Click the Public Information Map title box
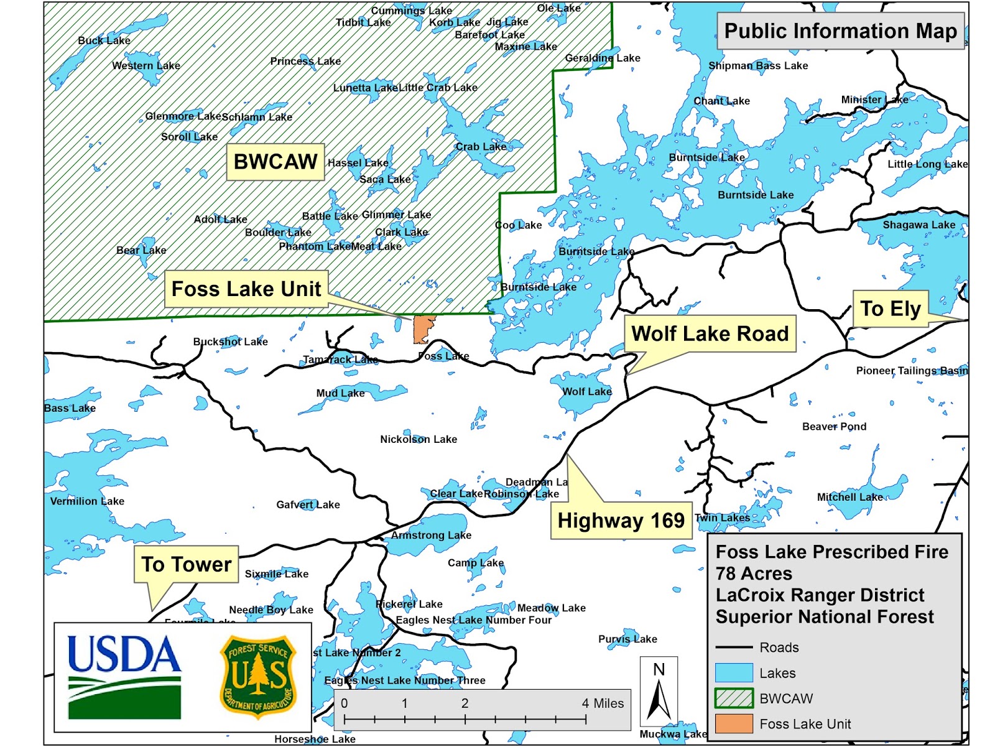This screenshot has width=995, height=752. [840, 31]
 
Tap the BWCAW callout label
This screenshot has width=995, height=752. [275, 162]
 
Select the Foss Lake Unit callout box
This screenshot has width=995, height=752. [246, 289]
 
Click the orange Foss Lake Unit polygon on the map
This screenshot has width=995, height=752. [423, 328]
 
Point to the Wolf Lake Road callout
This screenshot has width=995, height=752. [710, 334]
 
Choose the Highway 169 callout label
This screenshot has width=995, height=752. [621, 520]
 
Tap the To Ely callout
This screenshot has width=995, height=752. [890, 309]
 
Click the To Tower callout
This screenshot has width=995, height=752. [186, 564]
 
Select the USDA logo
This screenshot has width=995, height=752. [124, 675]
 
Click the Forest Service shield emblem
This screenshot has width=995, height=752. [258, 676]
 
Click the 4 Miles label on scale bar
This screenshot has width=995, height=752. [603, 703]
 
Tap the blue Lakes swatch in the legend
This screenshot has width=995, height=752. [734, 673]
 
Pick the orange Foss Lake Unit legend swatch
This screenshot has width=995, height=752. [734, 724]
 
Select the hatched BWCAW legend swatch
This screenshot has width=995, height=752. [734, 699]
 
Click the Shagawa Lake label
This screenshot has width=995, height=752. [919, 225]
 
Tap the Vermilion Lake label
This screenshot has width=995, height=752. [87, 501]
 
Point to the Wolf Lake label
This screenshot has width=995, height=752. [586, 392]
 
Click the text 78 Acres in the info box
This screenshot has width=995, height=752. [754, 573]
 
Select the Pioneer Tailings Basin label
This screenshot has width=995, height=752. [912, 371]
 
